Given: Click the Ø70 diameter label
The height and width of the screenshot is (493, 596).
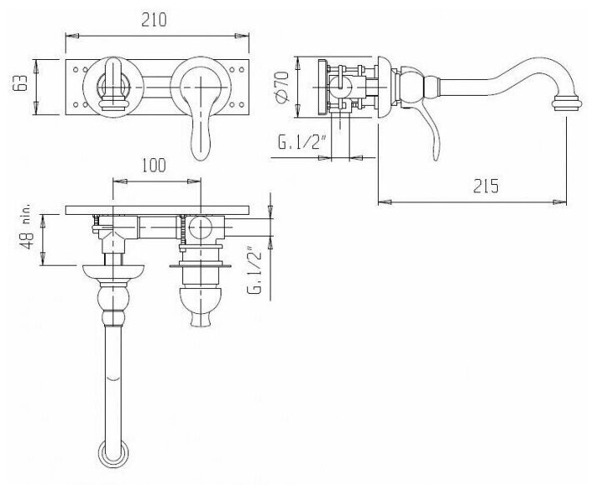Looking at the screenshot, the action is tap(283, 87).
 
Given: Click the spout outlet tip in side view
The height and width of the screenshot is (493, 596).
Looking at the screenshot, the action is tap(567, 104).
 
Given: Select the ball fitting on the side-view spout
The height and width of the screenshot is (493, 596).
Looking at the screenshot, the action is tap(408, 85).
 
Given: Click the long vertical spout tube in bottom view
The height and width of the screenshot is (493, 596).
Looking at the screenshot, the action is tap(112, 375).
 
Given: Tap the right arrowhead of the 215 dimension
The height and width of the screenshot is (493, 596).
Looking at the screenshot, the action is tap(565, 200).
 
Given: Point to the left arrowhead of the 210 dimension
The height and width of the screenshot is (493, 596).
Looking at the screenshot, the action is tap(69, 35).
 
